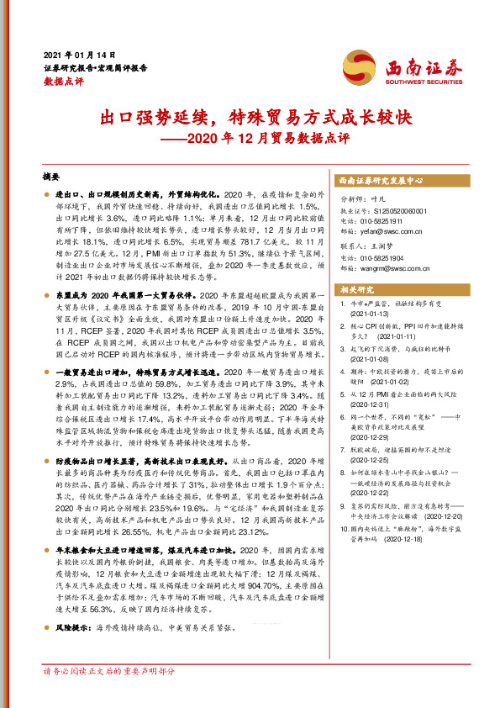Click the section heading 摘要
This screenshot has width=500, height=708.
point(52,177)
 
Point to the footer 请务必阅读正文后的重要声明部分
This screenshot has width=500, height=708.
point(109,671)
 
